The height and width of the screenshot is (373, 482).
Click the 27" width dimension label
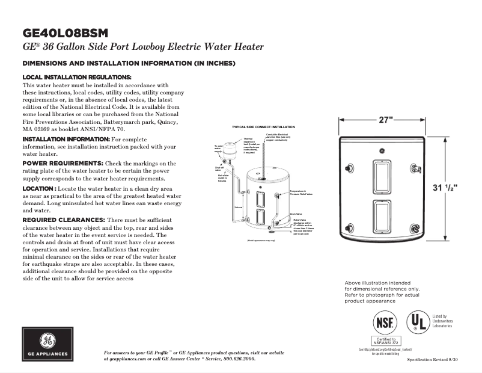coord(385,120)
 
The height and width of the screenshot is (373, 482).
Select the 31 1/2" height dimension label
coord(445,188)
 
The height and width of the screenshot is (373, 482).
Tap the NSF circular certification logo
coord(384,323)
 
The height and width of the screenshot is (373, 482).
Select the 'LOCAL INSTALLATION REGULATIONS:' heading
coord(76,78)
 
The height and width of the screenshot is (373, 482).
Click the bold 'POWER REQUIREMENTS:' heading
coord(63,163)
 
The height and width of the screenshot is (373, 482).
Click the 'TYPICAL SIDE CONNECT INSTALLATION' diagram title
coord(263,128)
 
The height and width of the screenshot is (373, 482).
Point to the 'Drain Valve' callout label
coord(295,214)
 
